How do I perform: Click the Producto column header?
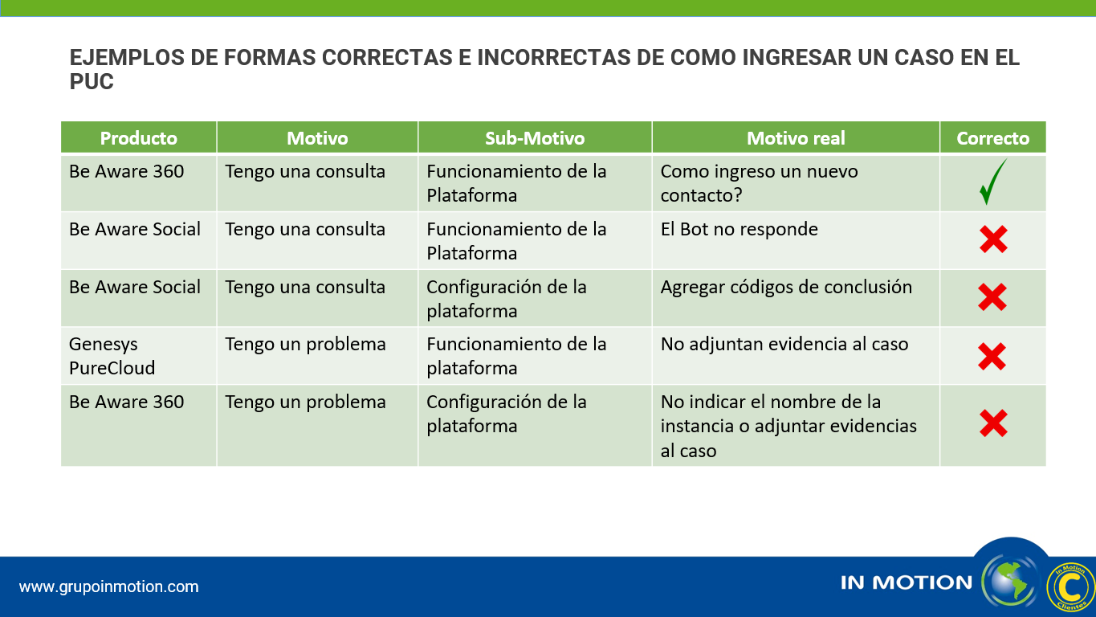pyautogui.click(x=138, y=137)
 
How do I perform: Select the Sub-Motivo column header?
pyautogui.click(x=535, y=137)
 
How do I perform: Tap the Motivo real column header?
pyautogui.click(x=796, y=137)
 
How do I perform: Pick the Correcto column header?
pyautogui.click(x=992, y=137)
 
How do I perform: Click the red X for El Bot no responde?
pyautogui.click(x=993, y=239)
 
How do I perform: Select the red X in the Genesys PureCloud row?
pyautogui.click(x=992, y=356)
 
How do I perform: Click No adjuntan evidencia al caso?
pyautogui.click(x=784, y=344)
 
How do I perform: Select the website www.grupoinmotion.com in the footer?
pyautogui.click(x=108, y=586)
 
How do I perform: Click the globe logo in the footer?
pyautogui.click(x=1010, y=582)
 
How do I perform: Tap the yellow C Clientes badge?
pyautogui.click(x=1070, y=586)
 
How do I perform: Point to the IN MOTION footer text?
pyautogui.click(x=907, y=582)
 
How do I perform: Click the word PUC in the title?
pyautogui.click(x=92, y=82)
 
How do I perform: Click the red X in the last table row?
pyautogui.click(x=993, y=423)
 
